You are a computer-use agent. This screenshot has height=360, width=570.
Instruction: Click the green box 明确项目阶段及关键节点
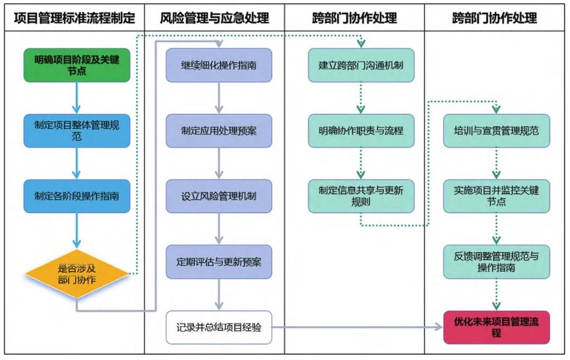tap(77, 65)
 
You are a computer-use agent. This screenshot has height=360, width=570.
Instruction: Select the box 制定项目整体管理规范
tap(77, 130)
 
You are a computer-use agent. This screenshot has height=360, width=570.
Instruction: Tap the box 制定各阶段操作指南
tap(77, 196)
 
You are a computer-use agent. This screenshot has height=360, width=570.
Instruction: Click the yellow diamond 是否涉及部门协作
tap(77, 274)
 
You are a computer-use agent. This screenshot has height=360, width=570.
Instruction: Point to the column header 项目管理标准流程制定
tap(74, 18)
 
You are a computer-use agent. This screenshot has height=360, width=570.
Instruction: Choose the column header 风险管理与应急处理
tap(215, 18)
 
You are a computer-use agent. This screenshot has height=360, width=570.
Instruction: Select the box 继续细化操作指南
tap(219, 65)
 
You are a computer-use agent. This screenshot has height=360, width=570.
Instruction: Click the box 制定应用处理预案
tap(219, 130)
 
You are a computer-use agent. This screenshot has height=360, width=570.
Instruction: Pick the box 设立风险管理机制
tap(219, 196)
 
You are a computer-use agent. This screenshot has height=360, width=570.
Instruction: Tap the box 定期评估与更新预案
tap(219, 262)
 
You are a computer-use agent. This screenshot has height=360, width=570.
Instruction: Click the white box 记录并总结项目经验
tap(219, 327)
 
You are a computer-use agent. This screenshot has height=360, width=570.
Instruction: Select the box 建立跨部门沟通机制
tap(361, 65)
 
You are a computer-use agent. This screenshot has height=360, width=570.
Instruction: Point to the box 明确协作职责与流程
tap(361, 130)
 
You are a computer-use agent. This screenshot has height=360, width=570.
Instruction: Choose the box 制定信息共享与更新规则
tap(361, 196)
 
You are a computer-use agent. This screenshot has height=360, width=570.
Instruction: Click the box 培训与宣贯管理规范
tap(496, 130)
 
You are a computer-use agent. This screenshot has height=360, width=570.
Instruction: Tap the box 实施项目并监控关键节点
tap(496, 196)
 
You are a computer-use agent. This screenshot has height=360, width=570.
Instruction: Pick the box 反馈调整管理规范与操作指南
tap(496, 262)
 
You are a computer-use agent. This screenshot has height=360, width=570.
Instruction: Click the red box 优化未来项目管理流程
tap(496, 327)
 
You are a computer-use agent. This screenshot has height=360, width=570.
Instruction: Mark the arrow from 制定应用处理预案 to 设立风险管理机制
tap(219, 163)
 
